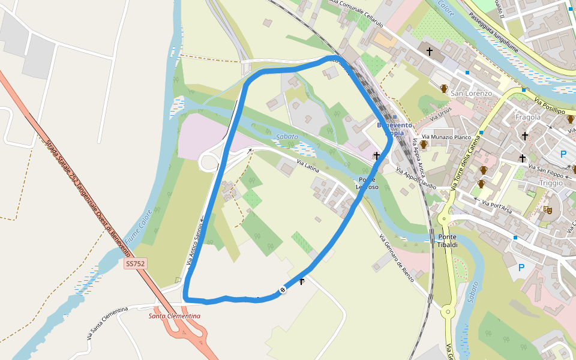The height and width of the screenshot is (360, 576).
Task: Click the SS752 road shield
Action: pyautogui.click(x=136, y=264)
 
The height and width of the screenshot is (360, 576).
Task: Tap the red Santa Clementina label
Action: pyautogui.click(x=175, y=316)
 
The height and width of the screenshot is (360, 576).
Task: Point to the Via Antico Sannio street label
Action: pyautogui.click(x=196, y=241)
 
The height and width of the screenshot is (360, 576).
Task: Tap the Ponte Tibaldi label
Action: pyautogui.click(x=448, y=241)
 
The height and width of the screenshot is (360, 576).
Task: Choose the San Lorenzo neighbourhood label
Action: pyautogui.click(x=471, y=94)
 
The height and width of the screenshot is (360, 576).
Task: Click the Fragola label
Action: pyautogui.click(x=528, y=117)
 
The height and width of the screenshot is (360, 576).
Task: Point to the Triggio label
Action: pyautogui.click(x=551, y=182)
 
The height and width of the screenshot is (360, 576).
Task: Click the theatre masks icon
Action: pyautogui.click(x=547, y=209)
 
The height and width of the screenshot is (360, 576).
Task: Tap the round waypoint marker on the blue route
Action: pyautogui.click(x=283, y=290)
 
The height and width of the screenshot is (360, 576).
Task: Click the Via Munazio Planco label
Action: pyautogui.click(x=446, y=137)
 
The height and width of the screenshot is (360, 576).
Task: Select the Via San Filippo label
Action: pyautogui.click(x=545, y=167)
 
